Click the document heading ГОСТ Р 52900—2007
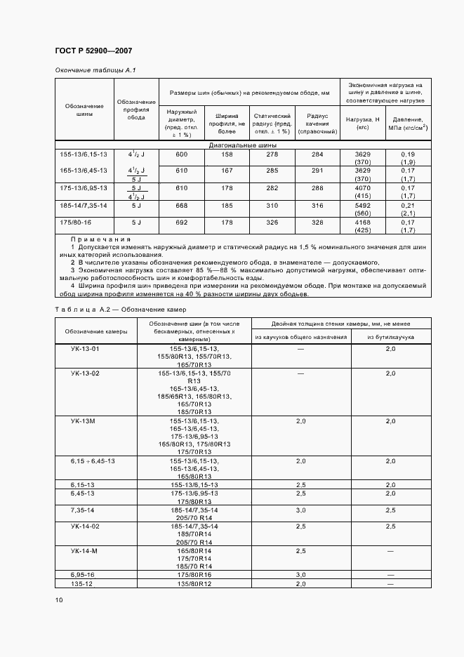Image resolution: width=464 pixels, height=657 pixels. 93,51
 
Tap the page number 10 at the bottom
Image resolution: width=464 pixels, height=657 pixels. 59,599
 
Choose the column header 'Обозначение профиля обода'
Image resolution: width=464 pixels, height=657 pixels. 135,110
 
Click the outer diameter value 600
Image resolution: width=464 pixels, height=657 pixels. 181,154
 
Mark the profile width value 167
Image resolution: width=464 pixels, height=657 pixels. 227,171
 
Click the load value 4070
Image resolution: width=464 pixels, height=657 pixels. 362,188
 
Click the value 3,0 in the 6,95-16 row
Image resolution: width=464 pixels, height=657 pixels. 300,574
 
